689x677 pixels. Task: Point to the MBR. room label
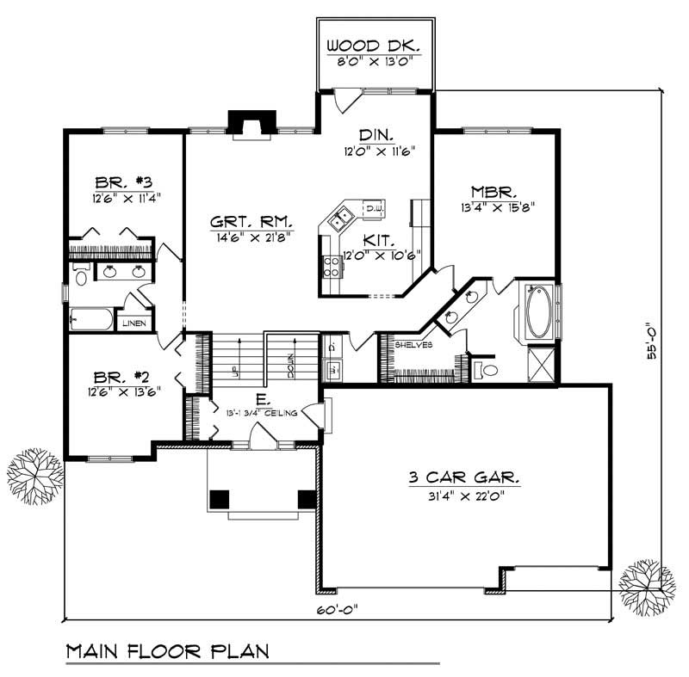coord(493,191)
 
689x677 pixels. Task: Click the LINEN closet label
coord(133,323)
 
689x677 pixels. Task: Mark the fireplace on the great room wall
coord(251,124)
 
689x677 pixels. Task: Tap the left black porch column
coord(220,497)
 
